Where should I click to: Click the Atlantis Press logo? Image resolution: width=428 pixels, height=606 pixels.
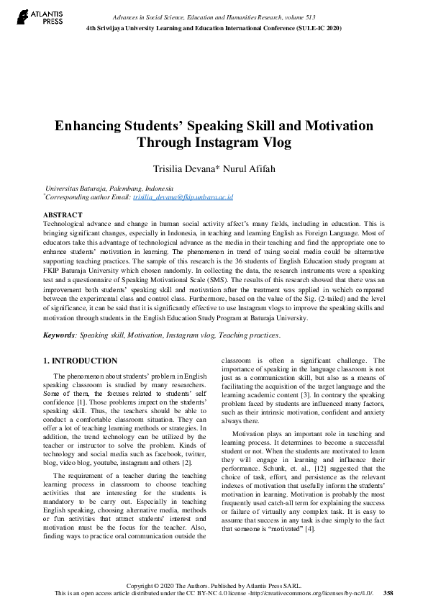[x=33, y=17]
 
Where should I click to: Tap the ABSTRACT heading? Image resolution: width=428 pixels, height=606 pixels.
[x=63, y=215]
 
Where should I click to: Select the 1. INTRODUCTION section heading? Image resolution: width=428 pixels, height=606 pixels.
[x=80, y=361]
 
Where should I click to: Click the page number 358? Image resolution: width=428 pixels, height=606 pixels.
[x=388, y=592]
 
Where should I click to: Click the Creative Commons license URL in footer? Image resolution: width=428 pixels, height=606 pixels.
[x=314, y=592]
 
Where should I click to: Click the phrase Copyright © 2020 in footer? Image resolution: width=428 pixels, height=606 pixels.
[x=149, y=585]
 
